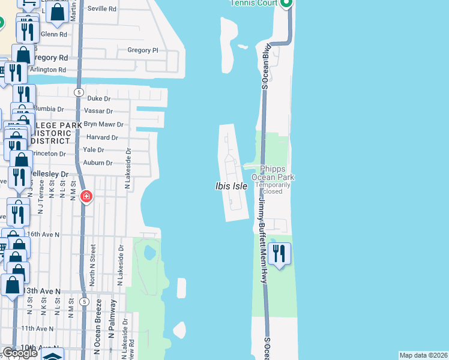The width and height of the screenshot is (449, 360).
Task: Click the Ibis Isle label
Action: pos(231,186)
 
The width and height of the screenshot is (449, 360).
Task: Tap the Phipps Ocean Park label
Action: pos(277,173)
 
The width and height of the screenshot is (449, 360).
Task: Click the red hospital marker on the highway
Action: pos(86,196)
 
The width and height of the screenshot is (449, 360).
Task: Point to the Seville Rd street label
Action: pos(101,10)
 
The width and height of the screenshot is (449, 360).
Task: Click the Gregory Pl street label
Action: pos(142,50)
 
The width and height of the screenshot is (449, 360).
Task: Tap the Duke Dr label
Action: pos(99,98)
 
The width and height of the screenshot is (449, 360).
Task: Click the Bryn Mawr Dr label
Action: pos(103,124)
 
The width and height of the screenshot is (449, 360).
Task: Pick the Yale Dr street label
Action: pos(94,150)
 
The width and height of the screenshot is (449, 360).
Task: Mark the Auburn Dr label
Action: pos(97,163)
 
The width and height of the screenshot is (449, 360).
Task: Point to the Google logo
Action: pos(19,353)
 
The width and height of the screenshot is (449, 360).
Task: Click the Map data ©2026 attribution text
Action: pos(423,355)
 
